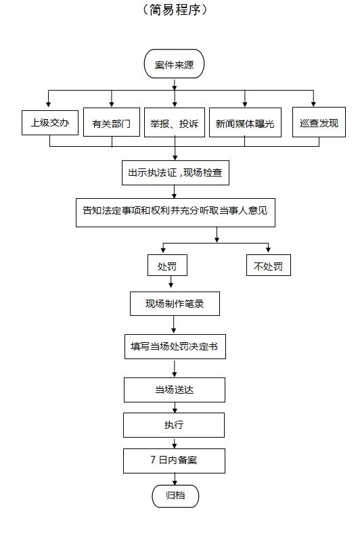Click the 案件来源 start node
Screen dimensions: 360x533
[174, 64]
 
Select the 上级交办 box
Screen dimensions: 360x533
[50, 122]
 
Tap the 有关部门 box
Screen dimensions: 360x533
[112, 122]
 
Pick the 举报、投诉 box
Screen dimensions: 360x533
[175, 122]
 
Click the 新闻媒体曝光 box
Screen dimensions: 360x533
[245, 122]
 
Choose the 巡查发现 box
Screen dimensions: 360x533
[319, 122]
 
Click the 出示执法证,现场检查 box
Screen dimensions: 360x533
[175, 172]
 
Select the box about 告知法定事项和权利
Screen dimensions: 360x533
[175, 213]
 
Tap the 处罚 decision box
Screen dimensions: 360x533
[167, 265]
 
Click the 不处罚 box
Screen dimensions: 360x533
[269, 265]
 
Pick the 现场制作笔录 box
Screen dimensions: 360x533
[175, 304]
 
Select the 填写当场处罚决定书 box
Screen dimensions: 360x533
[175, 347]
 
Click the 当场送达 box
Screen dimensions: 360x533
[175, 390]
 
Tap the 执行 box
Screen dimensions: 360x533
[174, 425]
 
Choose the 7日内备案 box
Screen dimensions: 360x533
[174, 461]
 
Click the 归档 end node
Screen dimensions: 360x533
[175, 496]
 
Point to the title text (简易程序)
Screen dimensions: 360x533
[175, 9]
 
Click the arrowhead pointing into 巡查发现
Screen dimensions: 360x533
[313, 103]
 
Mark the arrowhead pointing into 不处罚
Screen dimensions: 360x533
[268, 250]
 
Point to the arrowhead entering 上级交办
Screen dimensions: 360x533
[49, 103]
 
